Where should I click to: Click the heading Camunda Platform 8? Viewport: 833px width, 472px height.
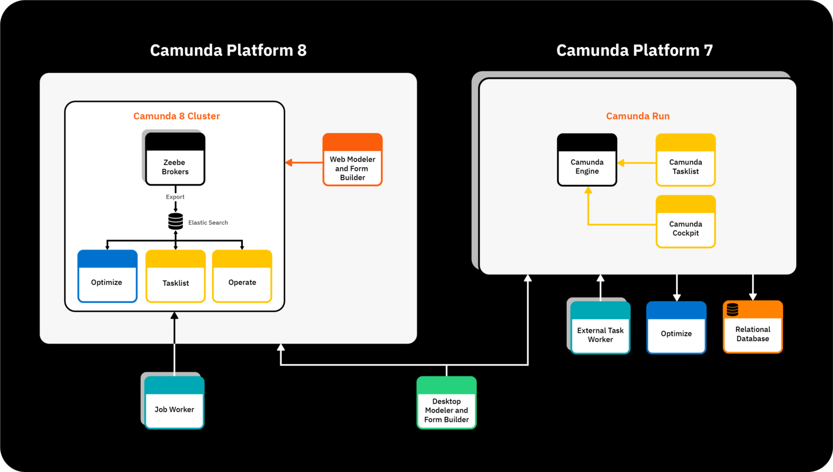228,50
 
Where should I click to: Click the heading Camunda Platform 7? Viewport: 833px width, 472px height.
634,50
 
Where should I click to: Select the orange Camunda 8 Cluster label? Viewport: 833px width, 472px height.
176,116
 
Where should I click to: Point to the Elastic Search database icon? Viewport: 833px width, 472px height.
175,221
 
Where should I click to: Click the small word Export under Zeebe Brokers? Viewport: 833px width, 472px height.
175,197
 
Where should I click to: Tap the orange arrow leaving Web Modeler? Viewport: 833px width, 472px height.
304,162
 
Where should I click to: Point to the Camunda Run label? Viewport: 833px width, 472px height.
638,116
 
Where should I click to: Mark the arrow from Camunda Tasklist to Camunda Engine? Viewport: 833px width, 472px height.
637,163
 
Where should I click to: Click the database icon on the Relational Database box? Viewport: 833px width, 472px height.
733,310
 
